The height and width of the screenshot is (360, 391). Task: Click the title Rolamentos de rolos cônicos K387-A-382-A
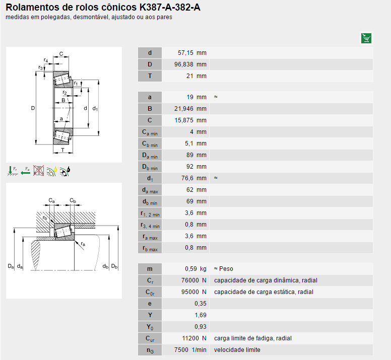(99, 8)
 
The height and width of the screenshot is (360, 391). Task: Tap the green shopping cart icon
(366, 38)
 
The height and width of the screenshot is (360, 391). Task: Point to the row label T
(150, 76)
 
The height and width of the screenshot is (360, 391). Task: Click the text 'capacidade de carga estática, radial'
(264, 292)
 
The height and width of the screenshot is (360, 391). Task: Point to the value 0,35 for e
(200, 304)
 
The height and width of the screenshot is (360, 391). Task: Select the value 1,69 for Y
(200, 315)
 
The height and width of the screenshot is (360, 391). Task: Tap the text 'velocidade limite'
(237, 350)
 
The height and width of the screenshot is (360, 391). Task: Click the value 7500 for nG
(181, 350)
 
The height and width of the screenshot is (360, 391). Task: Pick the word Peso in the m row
(226, 269)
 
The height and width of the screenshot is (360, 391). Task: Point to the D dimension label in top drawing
(32, 108)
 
